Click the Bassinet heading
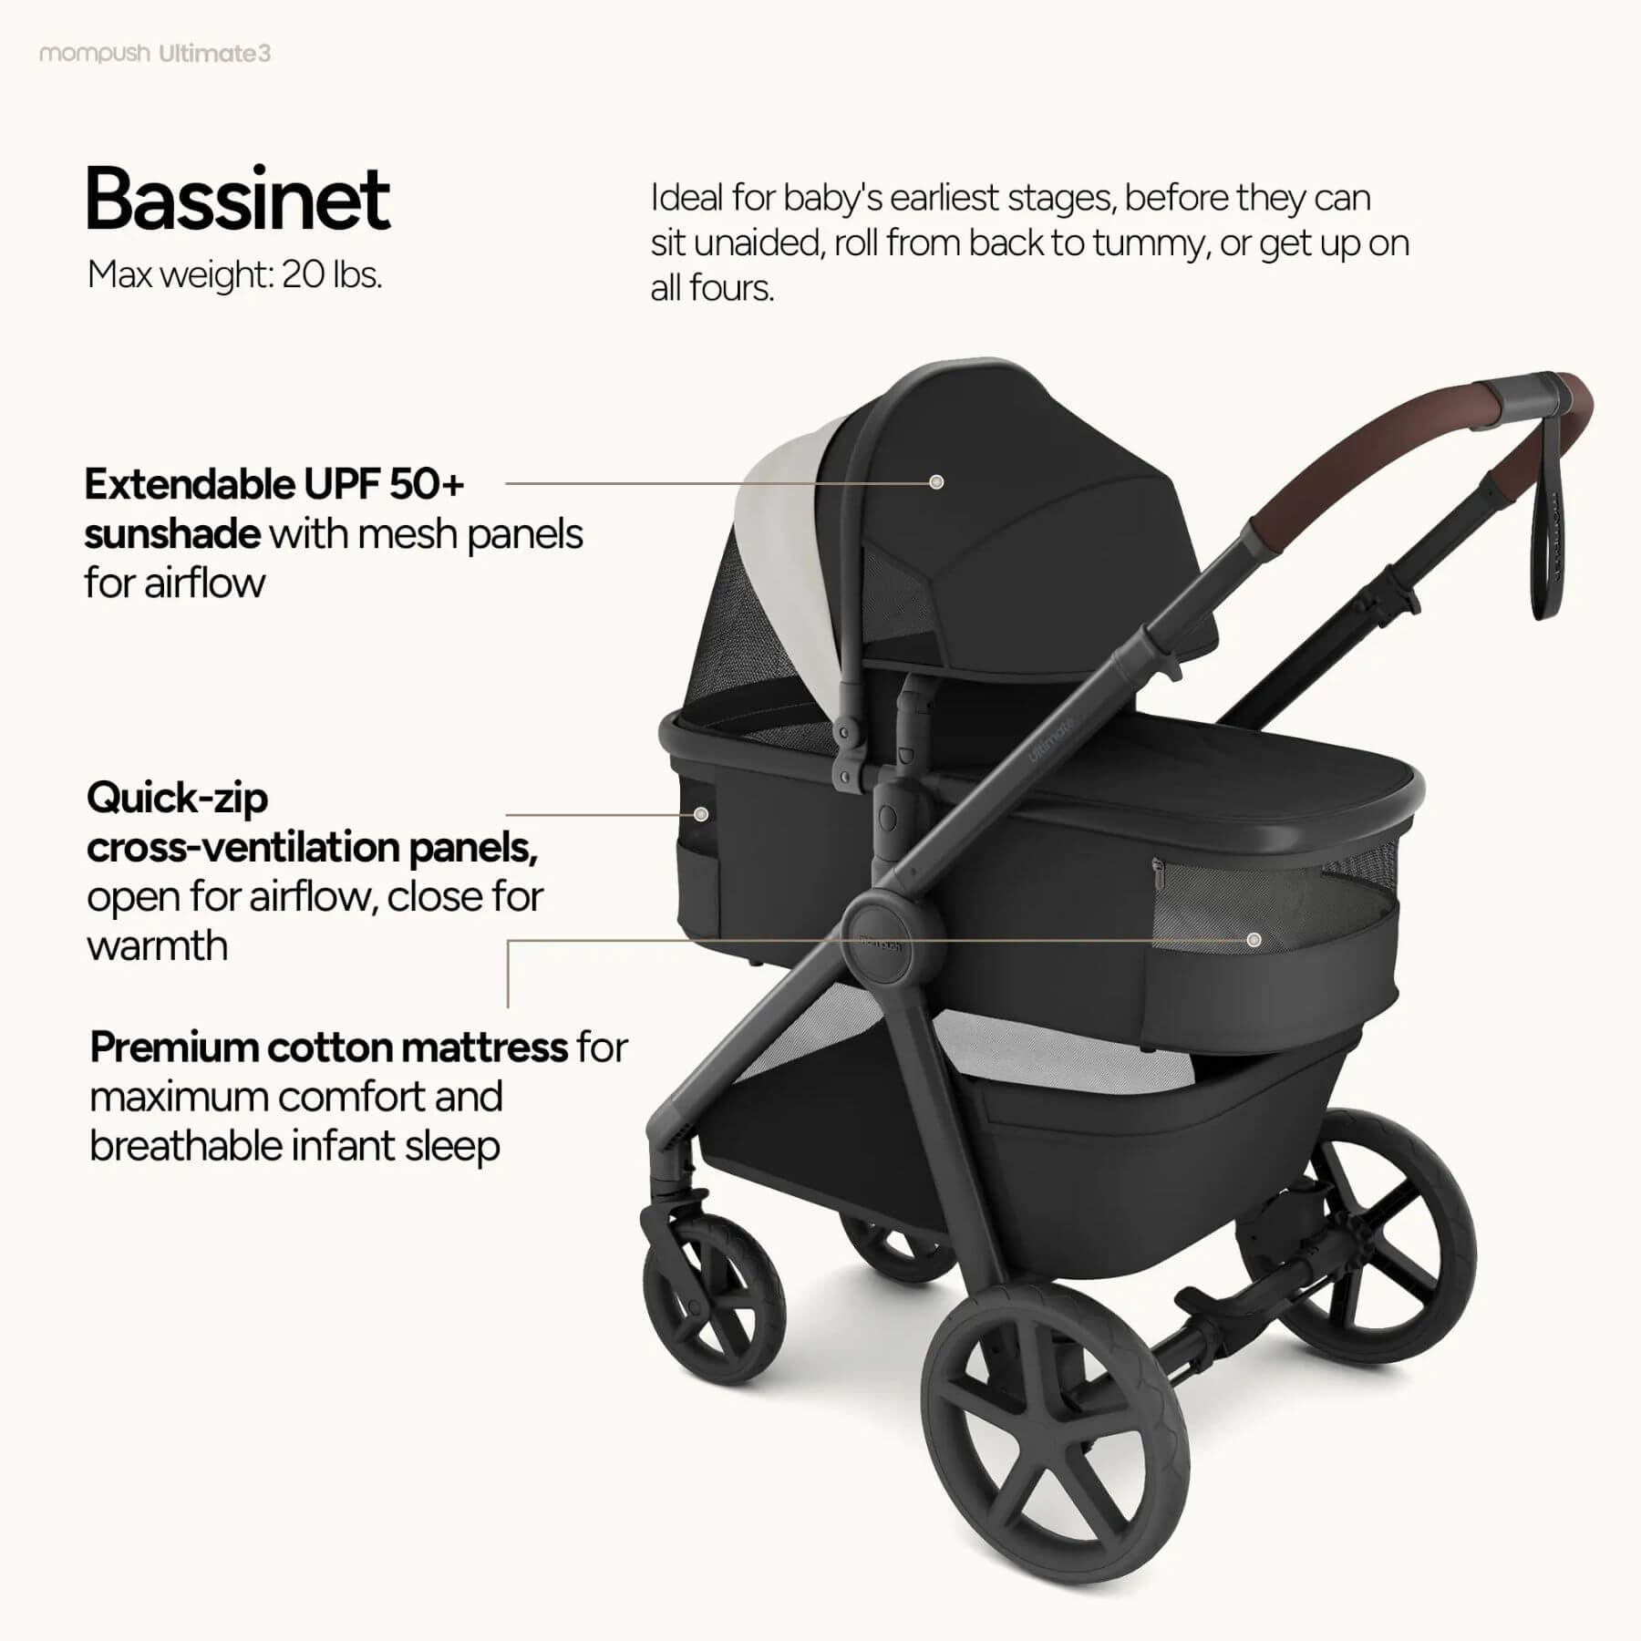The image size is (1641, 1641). (x=237, y=200)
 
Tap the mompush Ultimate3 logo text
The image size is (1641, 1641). (x=155, y=54)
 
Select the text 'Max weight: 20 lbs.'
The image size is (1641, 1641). (x=234, y=274)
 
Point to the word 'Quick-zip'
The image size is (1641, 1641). (x=177, y=799)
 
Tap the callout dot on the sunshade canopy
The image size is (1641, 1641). (x=936, y=482)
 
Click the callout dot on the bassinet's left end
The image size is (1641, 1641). (x=701, y=814)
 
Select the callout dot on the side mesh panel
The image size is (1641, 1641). (x=1254, y=939)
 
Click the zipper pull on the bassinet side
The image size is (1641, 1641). (x=1158, y=873)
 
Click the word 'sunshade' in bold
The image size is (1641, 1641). (x=172, y=534)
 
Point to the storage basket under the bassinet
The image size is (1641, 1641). (x=1048, y=1167)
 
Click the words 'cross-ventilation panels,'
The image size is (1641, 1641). (x=312, y=848)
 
